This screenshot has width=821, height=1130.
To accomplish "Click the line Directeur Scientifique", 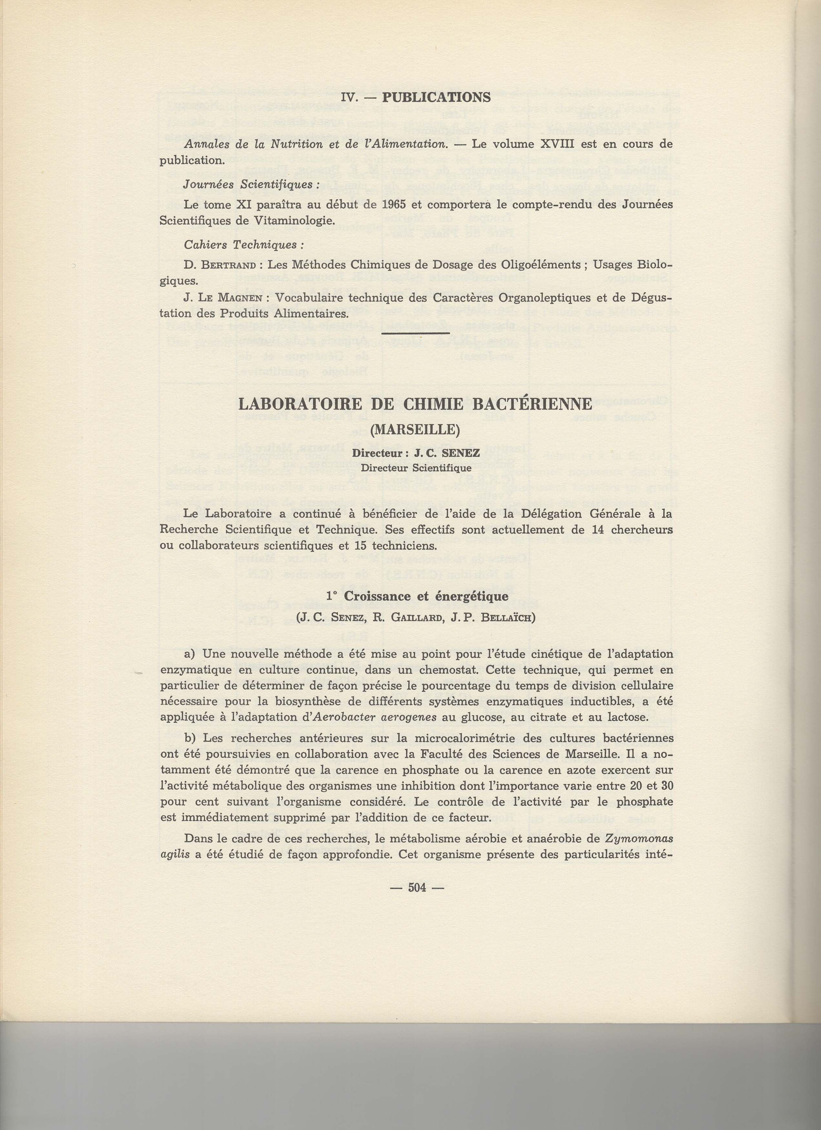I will coord(416,468).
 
